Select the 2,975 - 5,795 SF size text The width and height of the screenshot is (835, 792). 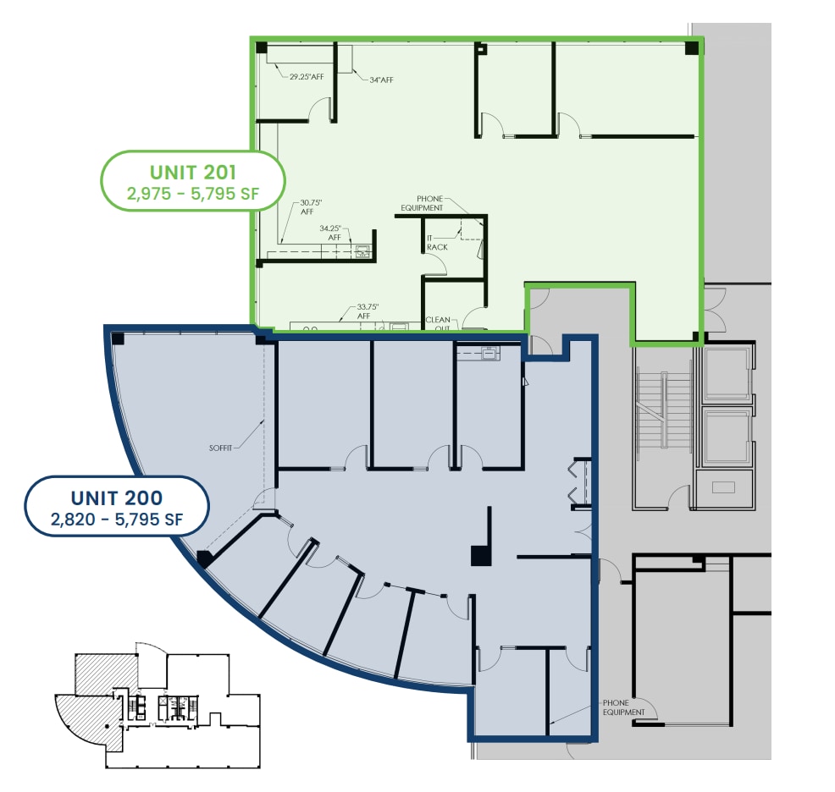[192, 194]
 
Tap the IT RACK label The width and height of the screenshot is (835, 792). [437, 242]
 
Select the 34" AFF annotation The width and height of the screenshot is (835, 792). [381, 80]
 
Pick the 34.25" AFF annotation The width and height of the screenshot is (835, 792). [330, 233]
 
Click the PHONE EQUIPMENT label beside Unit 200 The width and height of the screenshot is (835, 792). [624, 707]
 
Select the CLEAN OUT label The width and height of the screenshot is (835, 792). [437, 323]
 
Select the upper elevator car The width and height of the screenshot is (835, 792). [727, 372]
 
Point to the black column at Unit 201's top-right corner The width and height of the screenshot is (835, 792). [692, 47]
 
